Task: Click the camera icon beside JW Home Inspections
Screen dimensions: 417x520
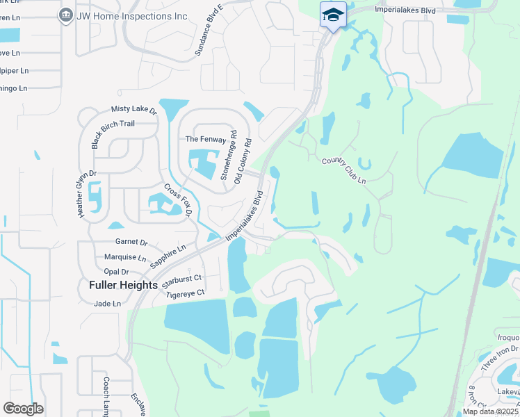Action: [x=66, y=15]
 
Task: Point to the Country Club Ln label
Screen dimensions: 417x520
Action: [x=343, y=171]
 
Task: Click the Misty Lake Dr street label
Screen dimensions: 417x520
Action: [x=134, y=110]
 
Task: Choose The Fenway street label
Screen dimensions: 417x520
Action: [x=205, y=140]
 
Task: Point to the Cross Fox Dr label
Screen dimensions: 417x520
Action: [x=177, y=201]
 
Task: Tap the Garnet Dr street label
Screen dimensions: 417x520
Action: [x=131, y=243]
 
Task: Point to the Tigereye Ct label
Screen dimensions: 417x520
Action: [x=186, y=294]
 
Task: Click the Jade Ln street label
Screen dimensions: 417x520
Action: [x=108, y=304]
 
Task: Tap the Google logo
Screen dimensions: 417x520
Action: [x=23, y=409]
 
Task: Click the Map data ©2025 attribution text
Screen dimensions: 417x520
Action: [x=489, y=411]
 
